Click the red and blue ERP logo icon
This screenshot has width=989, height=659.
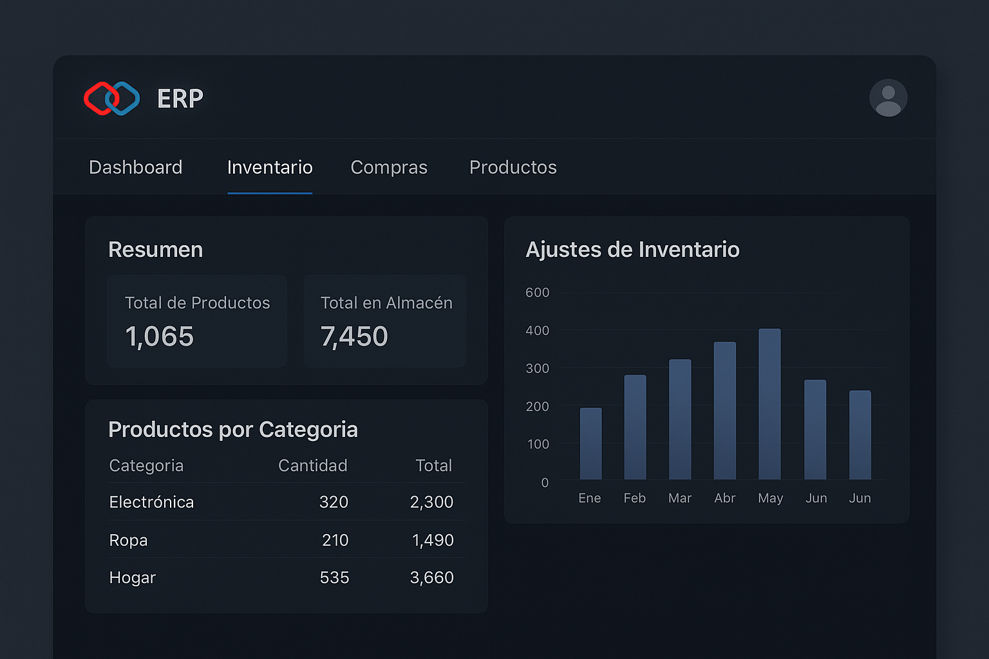tap(112, 98)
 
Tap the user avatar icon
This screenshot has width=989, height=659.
tap(888, 98)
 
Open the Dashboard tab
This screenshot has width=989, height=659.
tap(136, 167)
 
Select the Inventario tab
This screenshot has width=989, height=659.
tap(270, 167)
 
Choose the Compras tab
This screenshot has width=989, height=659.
tap(389, 167)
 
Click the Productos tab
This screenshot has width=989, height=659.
tap(513, 167)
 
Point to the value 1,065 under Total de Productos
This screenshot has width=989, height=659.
tap(159, 337)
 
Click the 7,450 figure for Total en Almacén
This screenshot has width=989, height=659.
tap(354, 337)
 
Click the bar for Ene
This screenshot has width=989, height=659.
tap(590, 443)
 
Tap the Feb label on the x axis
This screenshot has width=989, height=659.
tap(634, 498)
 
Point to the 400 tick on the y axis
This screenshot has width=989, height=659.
tap(538, 331)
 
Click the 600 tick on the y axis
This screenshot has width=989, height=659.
tap(538, 293)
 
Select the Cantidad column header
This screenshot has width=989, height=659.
tap(312, 465)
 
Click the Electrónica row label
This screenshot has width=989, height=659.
tap(151, 502)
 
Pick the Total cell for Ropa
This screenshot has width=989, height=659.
tap(433, 540)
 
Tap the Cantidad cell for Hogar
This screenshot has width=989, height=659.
tap(334, 578)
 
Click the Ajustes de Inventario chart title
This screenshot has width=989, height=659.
tap(632, 250)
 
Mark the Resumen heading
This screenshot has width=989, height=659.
tap(155, 250)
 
